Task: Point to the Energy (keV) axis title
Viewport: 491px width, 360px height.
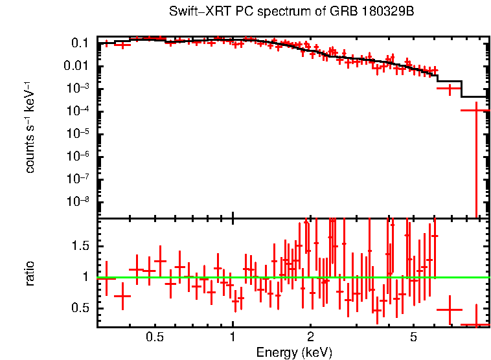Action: (x=294, y=353)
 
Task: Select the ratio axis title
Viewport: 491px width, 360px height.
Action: (x=30, y=273)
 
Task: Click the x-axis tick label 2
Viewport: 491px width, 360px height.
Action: (x=310, y=337)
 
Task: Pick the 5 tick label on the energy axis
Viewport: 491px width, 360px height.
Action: (x=413, y=337)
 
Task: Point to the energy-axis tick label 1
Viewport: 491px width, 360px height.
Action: (x=233, y=337)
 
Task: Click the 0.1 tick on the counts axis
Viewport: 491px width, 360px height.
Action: (x=80, y=43)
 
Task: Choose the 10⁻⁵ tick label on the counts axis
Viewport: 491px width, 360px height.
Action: (x=78, y=134)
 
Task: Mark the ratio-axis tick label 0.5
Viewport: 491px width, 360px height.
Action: (x=80, y=308)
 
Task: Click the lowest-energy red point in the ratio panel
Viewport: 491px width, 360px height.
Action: (x=106, y=278)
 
